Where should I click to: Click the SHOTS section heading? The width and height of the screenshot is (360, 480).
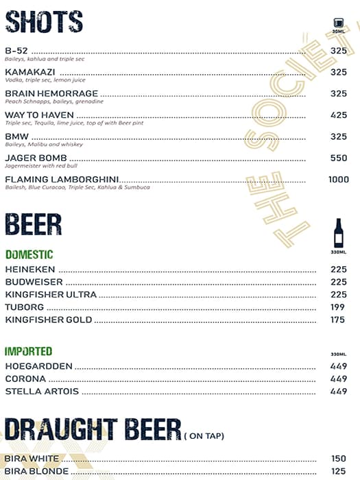point(44,22)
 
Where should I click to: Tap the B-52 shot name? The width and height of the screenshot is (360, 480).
point(17,51)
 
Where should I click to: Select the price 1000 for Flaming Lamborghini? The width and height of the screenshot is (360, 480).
point(338,180)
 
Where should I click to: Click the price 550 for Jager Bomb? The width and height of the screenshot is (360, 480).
point(338,158)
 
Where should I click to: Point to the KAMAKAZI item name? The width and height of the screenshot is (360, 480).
point(30,72)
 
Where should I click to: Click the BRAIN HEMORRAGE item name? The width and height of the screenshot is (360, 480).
point(51,93)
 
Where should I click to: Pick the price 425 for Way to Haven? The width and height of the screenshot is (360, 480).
point(338,115)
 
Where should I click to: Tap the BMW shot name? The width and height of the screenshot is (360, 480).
point(16,136)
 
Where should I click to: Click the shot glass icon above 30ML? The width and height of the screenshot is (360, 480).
point(337,23)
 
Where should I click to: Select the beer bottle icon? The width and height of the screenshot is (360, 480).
point(337,233)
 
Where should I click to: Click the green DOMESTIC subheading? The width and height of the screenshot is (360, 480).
point(29,254)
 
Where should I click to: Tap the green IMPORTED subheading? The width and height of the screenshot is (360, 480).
point(29,352)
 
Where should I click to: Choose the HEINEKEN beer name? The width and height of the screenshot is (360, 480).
point(29,269)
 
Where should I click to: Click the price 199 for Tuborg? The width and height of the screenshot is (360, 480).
point(338,307)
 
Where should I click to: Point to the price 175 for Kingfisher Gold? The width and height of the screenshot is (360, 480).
point(338,320)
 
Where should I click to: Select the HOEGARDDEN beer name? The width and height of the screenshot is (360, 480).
point(38,366)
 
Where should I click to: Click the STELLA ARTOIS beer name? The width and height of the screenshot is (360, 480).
point(42,392)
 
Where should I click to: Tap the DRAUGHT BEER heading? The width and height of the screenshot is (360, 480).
point(93,429)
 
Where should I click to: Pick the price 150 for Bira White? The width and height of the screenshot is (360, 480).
point(338,459)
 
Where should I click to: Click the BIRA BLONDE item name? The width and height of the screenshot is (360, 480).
point(36,471)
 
